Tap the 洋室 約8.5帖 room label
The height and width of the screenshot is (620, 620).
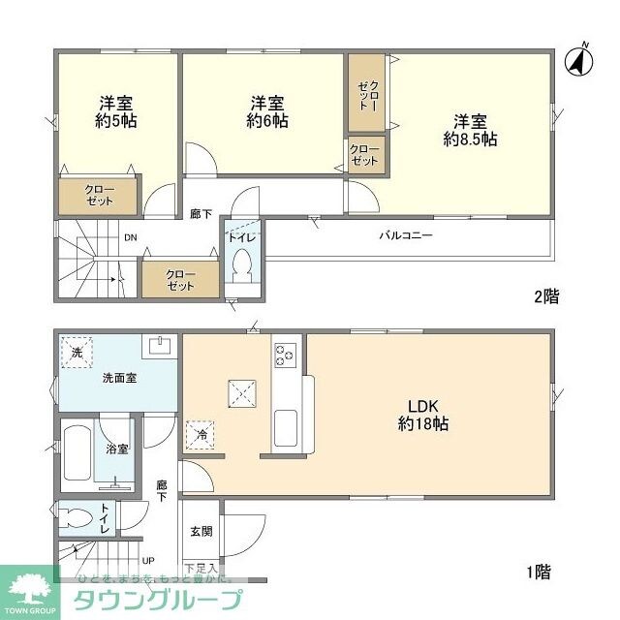pos(471,131)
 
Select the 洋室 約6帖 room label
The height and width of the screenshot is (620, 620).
pos(266,112)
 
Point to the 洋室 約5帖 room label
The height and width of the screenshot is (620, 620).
pos(114,112)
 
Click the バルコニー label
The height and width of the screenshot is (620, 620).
pos(405,235)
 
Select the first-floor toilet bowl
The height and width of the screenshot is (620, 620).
pos(77,514)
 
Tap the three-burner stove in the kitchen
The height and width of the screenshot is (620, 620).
pos(285,356)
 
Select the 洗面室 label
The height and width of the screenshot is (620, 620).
pos(119,378)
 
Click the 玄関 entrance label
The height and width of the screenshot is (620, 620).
pos(201,531)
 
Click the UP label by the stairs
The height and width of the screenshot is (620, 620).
pos(148,560)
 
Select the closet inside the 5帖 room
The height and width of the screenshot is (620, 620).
pos(99,194)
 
